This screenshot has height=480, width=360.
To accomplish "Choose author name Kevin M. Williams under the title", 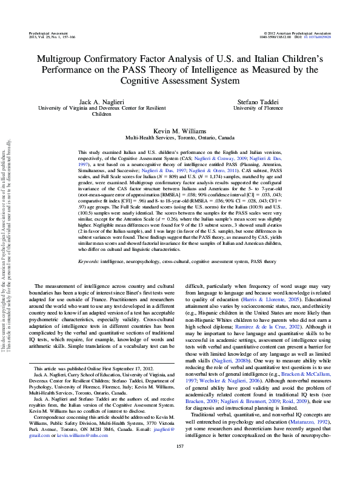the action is [x=179, y=131].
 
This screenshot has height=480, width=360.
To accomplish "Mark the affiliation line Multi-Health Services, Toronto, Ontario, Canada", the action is [x=179, y=138].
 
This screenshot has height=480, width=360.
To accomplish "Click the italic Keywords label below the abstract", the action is [x=90, y=261].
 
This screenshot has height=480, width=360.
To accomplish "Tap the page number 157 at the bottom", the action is [x=179, y=464].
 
